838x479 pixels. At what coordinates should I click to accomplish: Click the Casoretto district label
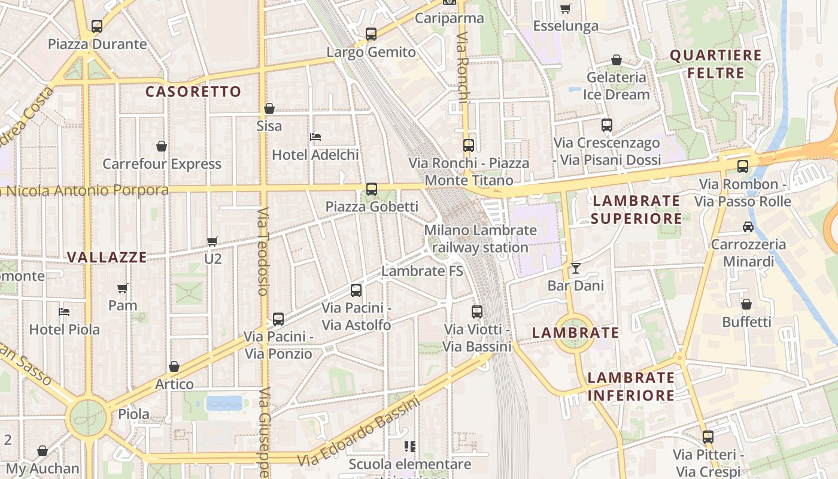point(193,92)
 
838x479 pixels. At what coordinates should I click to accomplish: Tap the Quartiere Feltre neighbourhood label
point(715,64)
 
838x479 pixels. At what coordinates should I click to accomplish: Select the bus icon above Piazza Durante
point(97,26)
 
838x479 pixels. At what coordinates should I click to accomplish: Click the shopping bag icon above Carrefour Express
point(161,146)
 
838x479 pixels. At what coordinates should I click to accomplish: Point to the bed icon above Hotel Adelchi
point(315,137)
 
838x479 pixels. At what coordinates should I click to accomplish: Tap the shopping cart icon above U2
point(212,241)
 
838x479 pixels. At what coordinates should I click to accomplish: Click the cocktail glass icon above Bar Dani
point(575,268)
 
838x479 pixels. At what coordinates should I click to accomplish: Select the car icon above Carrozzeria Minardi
point(748,227)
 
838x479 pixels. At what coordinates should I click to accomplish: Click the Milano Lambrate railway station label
point(480,238)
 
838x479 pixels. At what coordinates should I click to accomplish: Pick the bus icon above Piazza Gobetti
point(372,189)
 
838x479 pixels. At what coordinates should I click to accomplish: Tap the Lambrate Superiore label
point(636,210)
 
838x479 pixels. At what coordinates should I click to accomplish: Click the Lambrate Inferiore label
point(631,386)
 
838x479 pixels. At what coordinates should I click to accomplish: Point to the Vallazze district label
point(107,257)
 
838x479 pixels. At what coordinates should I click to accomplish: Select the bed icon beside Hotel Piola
point(64,312)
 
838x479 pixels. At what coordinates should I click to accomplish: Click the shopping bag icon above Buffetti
point(746,305)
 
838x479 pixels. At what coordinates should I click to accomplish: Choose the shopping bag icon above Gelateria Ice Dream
point(616,60)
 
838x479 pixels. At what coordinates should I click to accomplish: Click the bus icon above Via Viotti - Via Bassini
point(476,312)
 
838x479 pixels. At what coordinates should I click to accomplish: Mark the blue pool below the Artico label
point(224,403)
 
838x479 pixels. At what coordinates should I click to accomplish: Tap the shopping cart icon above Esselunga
point(565,8)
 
